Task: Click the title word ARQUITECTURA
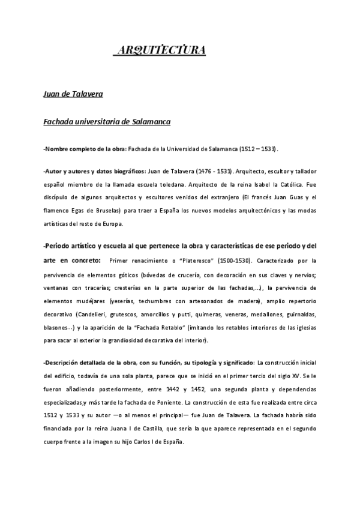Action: click(x=160, y=50)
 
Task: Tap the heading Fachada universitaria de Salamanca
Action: click(x=107, y=122)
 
